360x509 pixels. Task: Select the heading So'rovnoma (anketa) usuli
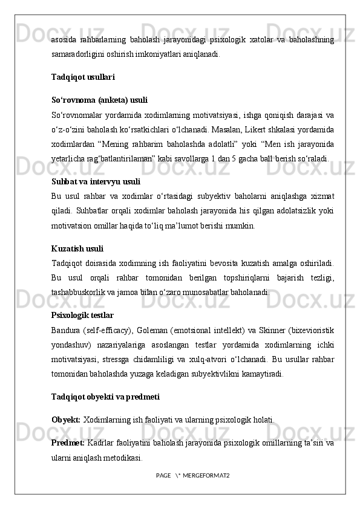pyautogui.click(x=99, y=100)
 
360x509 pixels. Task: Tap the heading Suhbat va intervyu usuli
pyautogui.click(x=96, y=181)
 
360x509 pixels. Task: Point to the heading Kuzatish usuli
pyautogui.click(x=77, y=248)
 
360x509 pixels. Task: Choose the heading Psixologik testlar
pyautogui.click(x=82, y=316)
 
